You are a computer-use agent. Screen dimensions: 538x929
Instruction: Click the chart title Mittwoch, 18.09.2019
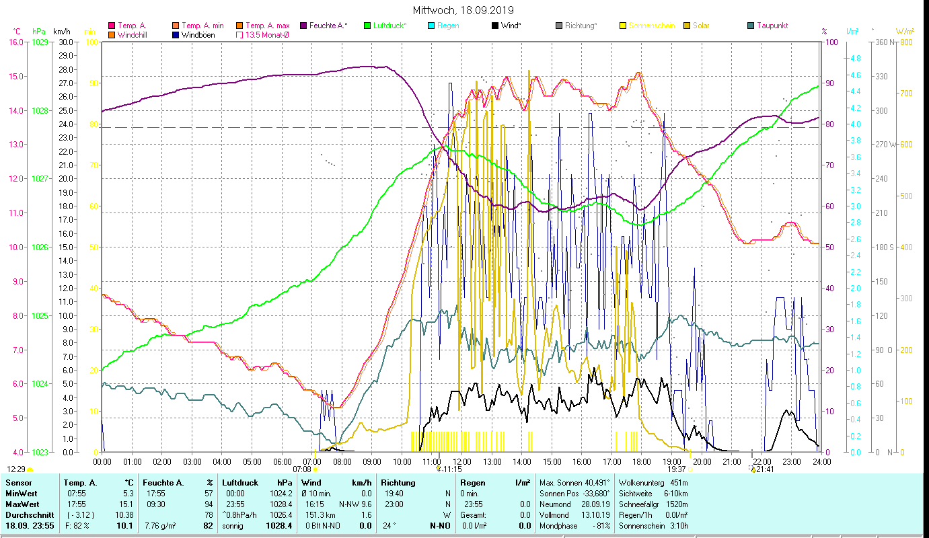click(x=463, y=10)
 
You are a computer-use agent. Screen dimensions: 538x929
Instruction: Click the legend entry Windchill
click(x=133, y=35)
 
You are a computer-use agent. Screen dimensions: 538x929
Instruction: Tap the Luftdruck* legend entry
click(x=389, y=26)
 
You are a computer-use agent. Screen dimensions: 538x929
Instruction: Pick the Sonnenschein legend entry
click(x=651, y=26)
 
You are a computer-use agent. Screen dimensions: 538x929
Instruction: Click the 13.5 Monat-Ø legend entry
click(x=267, y=35)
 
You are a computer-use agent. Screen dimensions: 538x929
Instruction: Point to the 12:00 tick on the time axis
click(x=461, y=462)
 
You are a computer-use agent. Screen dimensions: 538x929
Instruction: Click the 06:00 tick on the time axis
click(x=282, y=462)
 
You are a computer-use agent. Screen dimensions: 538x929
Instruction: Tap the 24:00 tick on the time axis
click(x=821, y=462)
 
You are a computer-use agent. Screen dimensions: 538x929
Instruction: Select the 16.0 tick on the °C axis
click(x=15, y=42)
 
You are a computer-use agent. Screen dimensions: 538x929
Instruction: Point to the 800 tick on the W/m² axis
click(x=905, y=42)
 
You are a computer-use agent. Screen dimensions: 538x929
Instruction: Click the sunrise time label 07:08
click(x=302, y=469)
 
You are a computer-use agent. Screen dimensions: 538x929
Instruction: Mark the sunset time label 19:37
click(x=676, y=469)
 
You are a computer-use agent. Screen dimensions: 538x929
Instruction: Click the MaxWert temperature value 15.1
click(x=127, y=504)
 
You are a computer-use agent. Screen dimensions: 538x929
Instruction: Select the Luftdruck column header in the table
click(x=239, y=483)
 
